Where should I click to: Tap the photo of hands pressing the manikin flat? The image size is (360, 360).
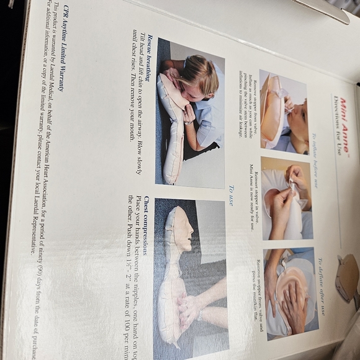tap(292, 292)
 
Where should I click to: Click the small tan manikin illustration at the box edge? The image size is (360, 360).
tap(348, 277)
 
